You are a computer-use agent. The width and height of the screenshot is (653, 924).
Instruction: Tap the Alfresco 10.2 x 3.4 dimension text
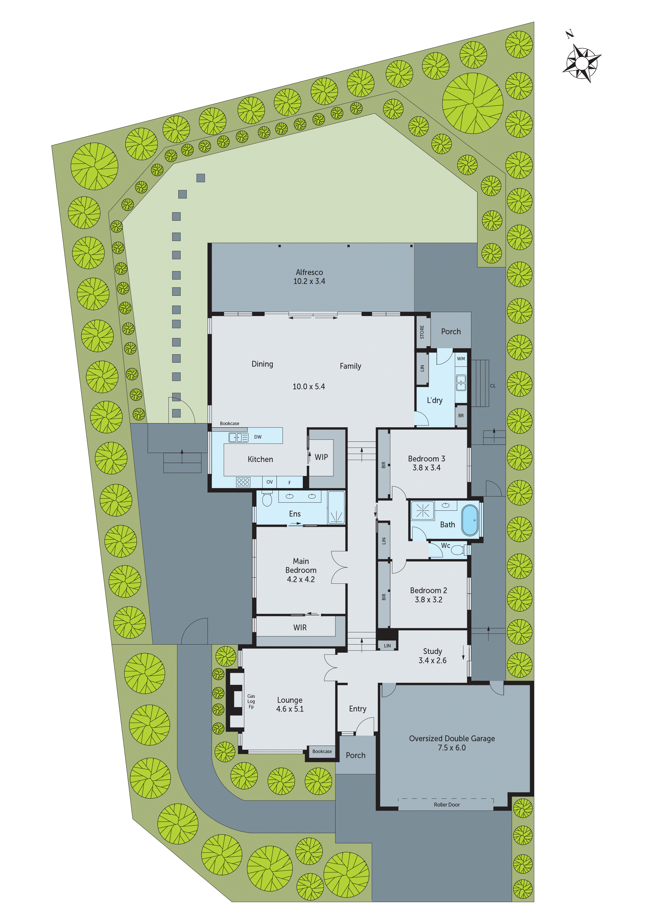(x=309, y=281)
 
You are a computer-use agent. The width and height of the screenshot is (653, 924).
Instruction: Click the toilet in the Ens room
(x=267, y=499)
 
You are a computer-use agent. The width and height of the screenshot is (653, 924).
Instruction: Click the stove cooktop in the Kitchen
(x=243, y=482)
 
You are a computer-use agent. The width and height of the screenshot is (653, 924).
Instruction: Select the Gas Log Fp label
(x=251, y=701)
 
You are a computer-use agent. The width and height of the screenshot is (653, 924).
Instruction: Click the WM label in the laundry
(x=461, y=358)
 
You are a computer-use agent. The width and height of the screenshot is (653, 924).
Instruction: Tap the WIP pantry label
(x=321, y=457)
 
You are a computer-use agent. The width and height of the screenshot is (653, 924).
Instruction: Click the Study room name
(x=433, y=651)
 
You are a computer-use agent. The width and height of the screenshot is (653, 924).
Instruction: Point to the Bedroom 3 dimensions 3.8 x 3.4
(x=427, y=468)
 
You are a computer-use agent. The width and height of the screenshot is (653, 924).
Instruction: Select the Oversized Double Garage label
(x=452, y=739)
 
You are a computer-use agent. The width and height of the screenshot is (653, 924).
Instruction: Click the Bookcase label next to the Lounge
(x=322, y=751)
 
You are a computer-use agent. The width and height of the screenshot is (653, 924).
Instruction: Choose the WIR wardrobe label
(x=300, y=627)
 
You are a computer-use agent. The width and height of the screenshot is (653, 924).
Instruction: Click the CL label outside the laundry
(x=492, y=386)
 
